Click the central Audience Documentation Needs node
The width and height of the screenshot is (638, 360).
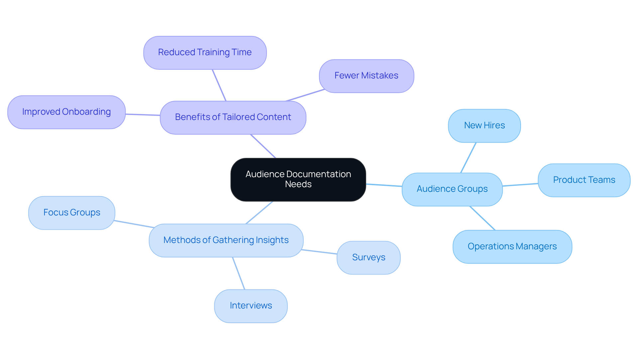(298, 180)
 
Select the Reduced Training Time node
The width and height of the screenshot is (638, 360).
(205, 53)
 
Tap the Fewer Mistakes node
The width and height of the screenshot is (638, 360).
(366, 76)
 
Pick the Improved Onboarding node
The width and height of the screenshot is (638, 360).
(66, 112)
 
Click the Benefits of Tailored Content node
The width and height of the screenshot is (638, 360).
(233, 117)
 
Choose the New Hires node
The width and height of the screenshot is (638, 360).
(484, 126)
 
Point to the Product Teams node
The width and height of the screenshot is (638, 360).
(584, 180)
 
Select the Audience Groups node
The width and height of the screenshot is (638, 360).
(452, 189)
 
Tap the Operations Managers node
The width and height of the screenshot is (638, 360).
(512, 247)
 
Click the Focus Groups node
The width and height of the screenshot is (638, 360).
(72, 213)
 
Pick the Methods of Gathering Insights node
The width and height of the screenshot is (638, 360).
(226, 240)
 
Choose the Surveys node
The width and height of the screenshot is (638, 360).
(369, 258)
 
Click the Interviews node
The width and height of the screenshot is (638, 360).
(251, 306)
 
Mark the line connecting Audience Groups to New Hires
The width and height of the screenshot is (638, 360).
(469, 158)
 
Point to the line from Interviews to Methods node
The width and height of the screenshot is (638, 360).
(239, 273)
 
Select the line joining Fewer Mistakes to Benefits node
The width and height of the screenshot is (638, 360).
(305, 95)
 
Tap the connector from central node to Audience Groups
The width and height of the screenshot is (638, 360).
(384, 185)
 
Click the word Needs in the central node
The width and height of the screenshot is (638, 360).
(298, 184)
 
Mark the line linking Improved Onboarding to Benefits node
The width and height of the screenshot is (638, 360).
(143, 115)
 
